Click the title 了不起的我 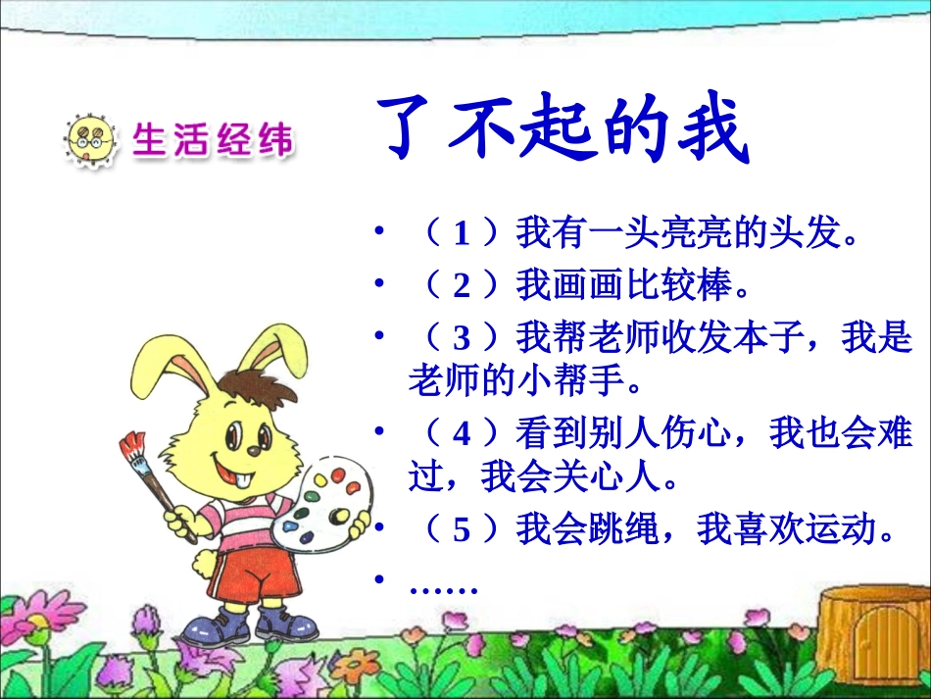tap(564, 130)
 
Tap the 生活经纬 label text tap(212, 140)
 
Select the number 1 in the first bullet tap(462, 233)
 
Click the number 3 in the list tap(462, 338)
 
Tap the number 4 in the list tap(462, 432)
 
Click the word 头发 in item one tap(807, 233)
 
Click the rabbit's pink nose tap(253, 452)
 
